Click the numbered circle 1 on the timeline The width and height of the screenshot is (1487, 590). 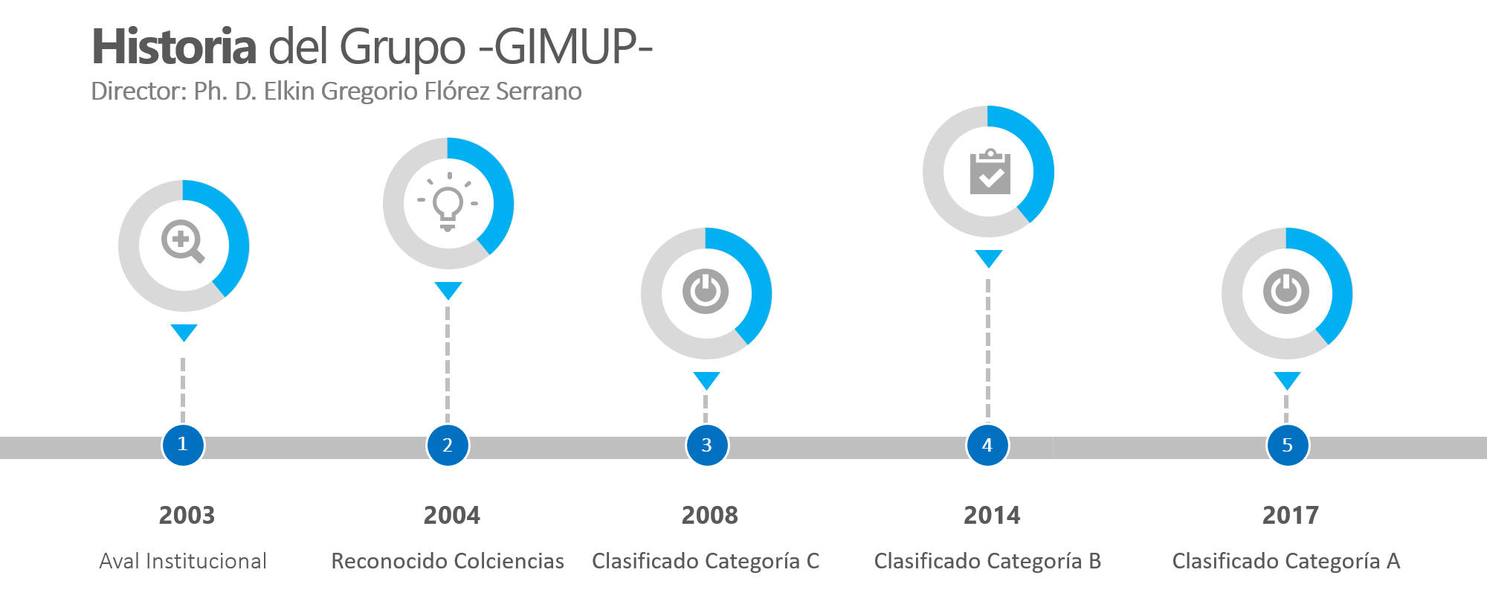[183, 445]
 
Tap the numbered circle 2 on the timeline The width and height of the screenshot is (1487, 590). [448, 445]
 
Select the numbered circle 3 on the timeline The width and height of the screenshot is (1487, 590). [706, 445]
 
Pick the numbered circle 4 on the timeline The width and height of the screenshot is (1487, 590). [987, 445]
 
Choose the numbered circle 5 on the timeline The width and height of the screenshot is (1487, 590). [1287, 445]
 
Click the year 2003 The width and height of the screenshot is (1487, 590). [187, 515]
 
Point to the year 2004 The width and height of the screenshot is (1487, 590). [451, 515]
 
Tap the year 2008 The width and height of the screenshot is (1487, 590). [710, 515]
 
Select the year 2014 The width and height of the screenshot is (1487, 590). [992, 515]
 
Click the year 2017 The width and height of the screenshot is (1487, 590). [1291, 515]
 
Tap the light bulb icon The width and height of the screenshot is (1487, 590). [448, 202]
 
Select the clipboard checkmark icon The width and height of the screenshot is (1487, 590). [990, 172]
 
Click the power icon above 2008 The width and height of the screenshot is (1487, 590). [706, 292]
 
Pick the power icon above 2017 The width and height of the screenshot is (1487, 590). [1286, 292]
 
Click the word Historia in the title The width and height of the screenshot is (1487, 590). [174, 47]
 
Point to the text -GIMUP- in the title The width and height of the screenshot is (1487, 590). [566, 47]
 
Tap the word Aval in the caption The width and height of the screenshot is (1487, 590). [119, 561]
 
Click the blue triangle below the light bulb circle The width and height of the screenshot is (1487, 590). [448, 290]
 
